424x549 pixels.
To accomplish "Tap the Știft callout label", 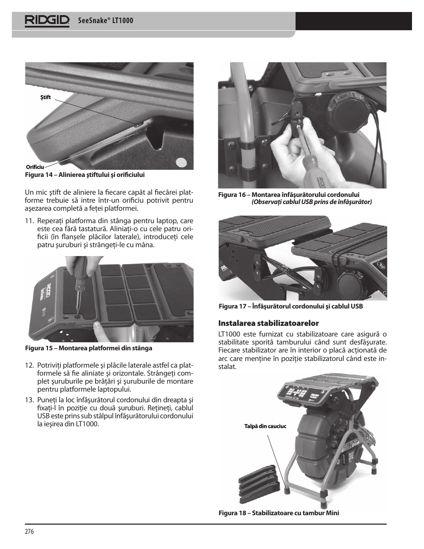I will click(46, 97).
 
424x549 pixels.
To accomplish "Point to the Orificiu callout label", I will click(35, 167).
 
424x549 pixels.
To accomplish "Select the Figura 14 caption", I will click(85, 175).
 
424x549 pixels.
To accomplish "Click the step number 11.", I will click(29, 221).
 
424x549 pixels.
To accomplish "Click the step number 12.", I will click(29, 365).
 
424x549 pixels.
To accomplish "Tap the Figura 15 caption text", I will click(88, 348).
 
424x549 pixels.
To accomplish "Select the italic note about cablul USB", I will click(312, 202).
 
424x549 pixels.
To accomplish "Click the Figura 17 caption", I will click(291, 306).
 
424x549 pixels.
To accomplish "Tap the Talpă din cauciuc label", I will click(265, 426).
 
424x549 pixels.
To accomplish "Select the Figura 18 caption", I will click(279, 513).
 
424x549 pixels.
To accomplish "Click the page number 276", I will click(29, 531).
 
